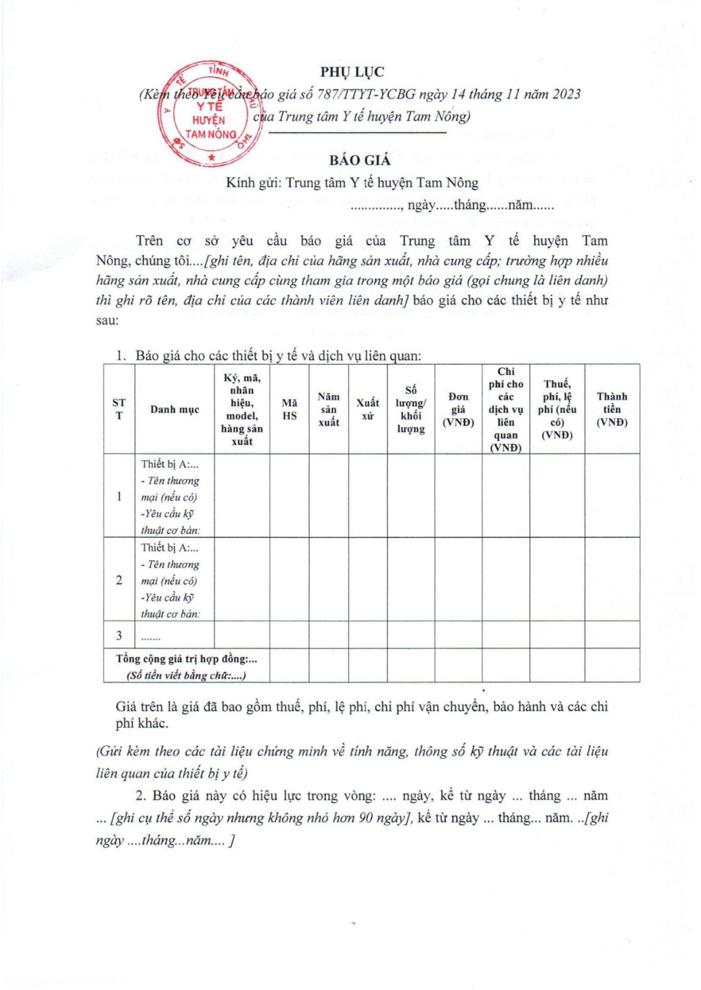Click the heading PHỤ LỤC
[x=352, y=72]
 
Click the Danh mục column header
[x=174, y=409]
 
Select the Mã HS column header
[x=289, y=409]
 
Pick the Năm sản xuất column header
[x=328, y=409]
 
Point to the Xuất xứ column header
[x=367, y=409]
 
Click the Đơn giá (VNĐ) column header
[x=458, y=409]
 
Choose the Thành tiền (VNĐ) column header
[x=612, y=409]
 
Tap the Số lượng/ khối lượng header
[x=410, y=409]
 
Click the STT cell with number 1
[x=119, y=496]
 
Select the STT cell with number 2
[x=119, y=580]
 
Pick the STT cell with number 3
[x=119, y=635]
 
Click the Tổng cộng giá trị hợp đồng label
[x=186, y=659]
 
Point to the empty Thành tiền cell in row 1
[x=612, y=495]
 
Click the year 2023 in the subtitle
[x=566, y=94]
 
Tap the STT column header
[x=119, y=409]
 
